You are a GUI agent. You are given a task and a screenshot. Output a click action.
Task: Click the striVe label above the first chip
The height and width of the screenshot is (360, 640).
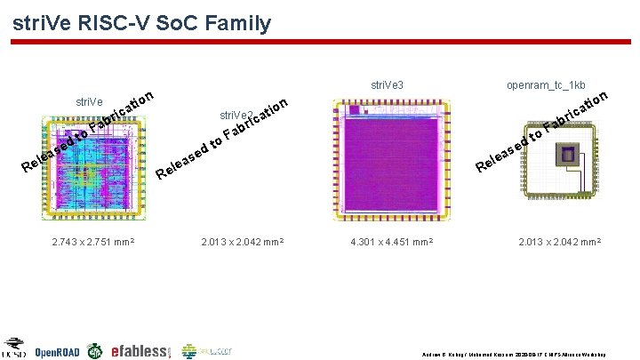click(88, 102)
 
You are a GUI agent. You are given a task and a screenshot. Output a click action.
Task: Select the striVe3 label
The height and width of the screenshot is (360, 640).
click(387, 85)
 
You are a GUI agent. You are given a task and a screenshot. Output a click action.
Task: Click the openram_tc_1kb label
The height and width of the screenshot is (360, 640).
click(546, 85)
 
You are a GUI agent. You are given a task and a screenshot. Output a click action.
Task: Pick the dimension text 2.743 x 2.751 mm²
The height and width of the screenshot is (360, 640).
click(88, 240)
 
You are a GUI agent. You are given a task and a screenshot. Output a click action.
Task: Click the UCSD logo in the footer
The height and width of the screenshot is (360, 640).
click(14, 348)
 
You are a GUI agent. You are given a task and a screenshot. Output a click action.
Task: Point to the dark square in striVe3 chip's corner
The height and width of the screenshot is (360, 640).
click(354, 111)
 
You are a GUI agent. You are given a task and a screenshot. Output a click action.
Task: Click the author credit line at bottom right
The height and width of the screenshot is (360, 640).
click(520, 353)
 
